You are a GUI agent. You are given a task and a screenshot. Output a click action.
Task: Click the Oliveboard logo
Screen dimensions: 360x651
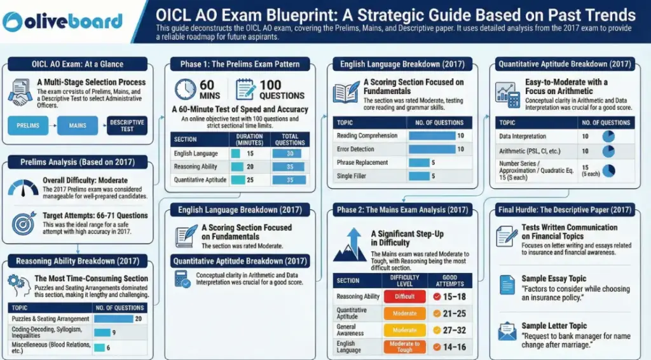click(x=62, y=21)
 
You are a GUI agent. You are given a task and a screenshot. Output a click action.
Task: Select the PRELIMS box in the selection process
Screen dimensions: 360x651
click(x=28, y=125)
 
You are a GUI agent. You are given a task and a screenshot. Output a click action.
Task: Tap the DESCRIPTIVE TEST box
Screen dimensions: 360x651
click(x=127, y=125)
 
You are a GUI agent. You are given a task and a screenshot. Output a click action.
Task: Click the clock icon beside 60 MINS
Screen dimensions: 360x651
click(x=185, y=89)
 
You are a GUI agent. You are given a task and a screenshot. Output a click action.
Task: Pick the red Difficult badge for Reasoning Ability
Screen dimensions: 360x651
click(x=404, y=296)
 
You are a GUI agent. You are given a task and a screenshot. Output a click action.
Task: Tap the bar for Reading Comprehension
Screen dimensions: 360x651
click(x=432, y=135)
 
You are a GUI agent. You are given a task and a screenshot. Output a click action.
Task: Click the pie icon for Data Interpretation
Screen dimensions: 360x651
click(x=608, y=136)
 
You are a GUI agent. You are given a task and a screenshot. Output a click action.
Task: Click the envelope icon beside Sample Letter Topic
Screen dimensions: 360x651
click(x=507, y=331)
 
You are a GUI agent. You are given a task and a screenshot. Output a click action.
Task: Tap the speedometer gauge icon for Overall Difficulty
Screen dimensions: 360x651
click(x=24, y=187)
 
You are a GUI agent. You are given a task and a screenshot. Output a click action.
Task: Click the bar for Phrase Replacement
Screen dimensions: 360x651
click(x=420, y=162)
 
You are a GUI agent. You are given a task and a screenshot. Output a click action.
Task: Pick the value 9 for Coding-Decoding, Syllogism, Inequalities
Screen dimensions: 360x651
click(x=113, y=332)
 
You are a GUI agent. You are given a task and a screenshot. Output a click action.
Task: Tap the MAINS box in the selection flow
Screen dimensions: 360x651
click(x=78, y=125)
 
